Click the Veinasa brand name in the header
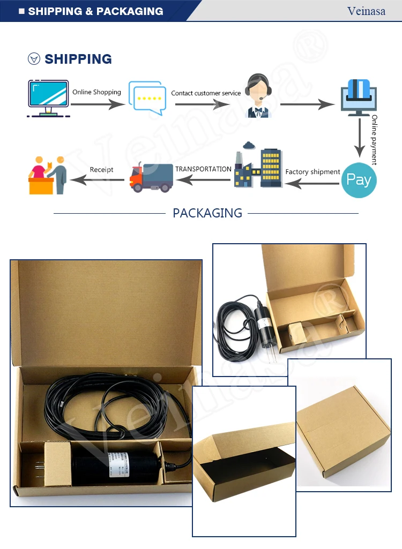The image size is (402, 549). click(367, 11)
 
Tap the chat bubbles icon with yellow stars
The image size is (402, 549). click(146, 98)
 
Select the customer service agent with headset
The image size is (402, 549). click(258, 96)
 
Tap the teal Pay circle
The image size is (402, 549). click(359, 180)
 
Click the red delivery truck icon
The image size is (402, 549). click(151, 177)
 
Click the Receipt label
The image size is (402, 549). click(101, 170)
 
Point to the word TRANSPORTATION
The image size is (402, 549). click(203, 169)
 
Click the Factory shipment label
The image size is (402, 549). click(312, 172)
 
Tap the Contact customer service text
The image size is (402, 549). click(206, 93)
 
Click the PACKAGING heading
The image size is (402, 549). click(207, 213)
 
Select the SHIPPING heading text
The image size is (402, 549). click(78, 59)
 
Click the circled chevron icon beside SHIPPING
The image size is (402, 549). click(34, 59)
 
